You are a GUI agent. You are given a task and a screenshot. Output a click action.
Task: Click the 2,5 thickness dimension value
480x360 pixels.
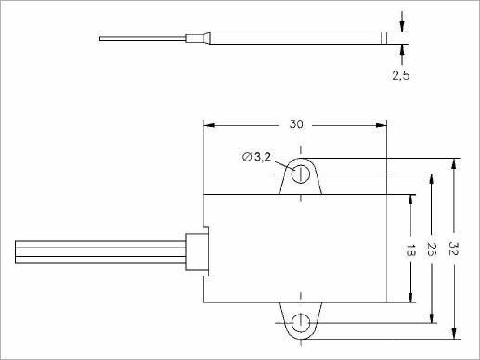[x=401, y=75]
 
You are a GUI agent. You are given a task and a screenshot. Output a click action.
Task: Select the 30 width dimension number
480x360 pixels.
[x=296, y=124]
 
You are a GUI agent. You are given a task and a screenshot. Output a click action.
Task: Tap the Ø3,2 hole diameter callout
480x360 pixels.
[x=256, y=157]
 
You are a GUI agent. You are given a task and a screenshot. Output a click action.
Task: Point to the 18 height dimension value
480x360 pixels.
[x=410, y=250]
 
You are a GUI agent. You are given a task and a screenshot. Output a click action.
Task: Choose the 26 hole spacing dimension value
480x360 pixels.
[x=432, y=250]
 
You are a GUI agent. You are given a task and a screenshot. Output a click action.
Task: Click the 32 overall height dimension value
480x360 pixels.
[x=454, y=249]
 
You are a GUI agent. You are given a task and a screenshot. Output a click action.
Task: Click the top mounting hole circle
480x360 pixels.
[x=301, y=174]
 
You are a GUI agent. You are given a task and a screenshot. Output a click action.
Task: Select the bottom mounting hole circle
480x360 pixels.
[x=301, y=323]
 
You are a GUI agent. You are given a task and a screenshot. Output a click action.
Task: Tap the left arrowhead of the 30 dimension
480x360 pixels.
[x=210, y=125]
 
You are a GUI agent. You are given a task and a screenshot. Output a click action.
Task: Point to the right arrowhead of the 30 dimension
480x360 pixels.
[x=382, y=125]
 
